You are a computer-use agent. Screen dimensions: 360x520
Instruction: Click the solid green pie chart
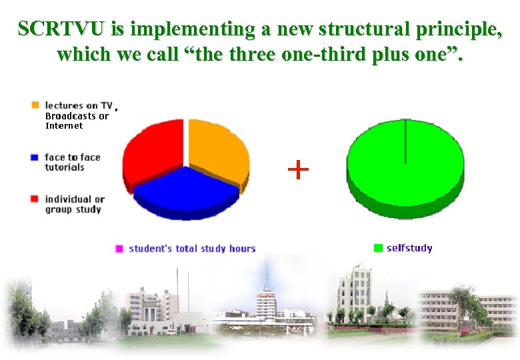(x=405, y=167)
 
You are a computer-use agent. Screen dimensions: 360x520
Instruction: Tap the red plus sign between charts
(x=298, y=170)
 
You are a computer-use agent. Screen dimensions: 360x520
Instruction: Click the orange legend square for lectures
(x=35, y=105)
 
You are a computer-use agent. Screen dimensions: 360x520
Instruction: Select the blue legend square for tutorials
(x=35, y=158)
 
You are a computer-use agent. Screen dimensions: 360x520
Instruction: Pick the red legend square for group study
(x=35, y=199)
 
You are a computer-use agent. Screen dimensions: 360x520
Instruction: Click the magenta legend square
(x=119, y=249)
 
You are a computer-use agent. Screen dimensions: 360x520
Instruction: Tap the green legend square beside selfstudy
(x=379, y=248)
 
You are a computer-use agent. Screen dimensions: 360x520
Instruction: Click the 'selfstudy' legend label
(x=409, y=248)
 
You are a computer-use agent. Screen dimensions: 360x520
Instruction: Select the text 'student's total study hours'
(x=192, y=249)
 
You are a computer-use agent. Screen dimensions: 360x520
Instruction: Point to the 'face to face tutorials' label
(x=72, y=162)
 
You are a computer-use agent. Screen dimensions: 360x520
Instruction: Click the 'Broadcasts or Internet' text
(x=76, y=121)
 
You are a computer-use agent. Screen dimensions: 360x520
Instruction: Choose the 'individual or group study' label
(x=74, y=204)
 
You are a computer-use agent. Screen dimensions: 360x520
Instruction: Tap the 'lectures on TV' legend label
(x=78, y=105)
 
